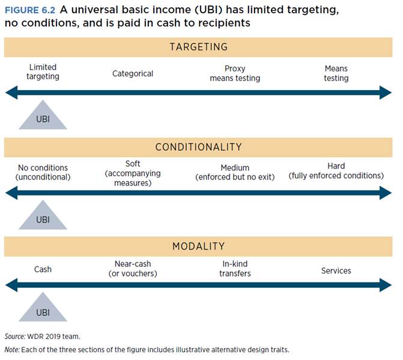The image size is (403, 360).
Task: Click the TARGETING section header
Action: point(198,47)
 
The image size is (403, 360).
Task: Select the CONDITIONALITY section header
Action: point(198,147)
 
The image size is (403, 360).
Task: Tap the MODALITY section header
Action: point(198,246)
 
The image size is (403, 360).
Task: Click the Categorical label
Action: point(133,74)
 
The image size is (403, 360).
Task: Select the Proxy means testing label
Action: point(235,73)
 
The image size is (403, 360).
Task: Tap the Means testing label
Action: point(336,73)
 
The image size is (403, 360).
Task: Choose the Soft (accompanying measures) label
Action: point(133,173)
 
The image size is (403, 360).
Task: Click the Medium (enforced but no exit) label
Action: point(235,172)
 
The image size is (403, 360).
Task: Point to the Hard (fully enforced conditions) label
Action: point(336,171)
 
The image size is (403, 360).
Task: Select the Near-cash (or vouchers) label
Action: point(133,269)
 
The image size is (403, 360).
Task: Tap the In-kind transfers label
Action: point(235,269)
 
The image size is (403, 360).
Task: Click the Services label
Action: point(336,271)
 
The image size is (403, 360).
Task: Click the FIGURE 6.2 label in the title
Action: point(30,10)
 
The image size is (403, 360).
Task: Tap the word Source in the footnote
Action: point(14,337)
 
